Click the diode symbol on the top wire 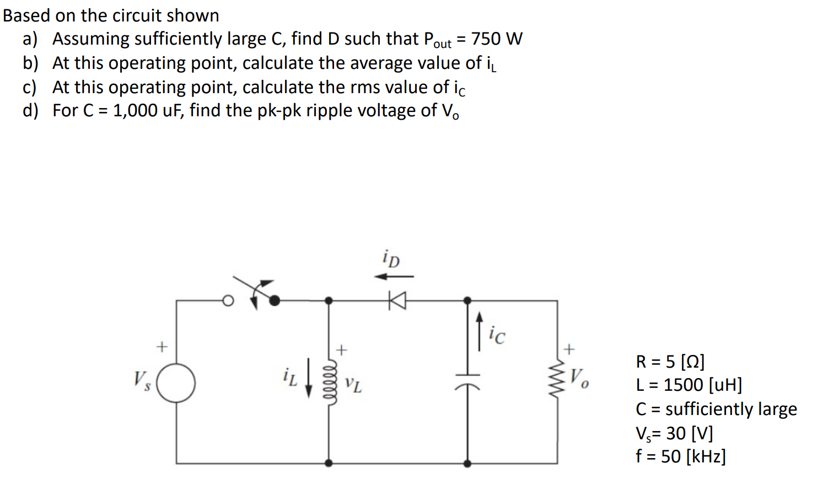(397, 301)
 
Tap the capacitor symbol (467, 380)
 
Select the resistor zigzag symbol (558, 380)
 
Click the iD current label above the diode (391, 259)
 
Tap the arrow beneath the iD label (394, 276)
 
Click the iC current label (496, 335)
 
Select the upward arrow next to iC (479, 331)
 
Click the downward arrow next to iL (309, 378)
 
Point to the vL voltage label (353, 384)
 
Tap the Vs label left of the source (141, 380)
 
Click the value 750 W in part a (497, 39)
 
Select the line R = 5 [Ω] (670, 362)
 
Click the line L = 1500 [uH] (689, 385)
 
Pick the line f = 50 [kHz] (680, 456)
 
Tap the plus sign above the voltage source (161, 347)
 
